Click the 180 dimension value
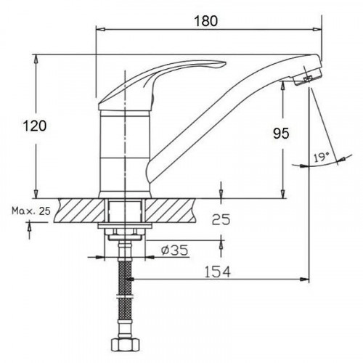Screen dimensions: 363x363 (206, 21)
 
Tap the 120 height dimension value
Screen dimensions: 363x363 (34, 126)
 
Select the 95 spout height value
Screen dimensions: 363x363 (281, 134)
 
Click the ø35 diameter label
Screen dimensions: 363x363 (175, 250)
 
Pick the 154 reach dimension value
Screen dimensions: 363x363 (218, 272)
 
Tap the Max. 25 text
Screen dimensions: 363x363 (31, 211)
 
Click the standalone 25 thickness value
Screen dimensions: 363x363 (221, 220)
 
